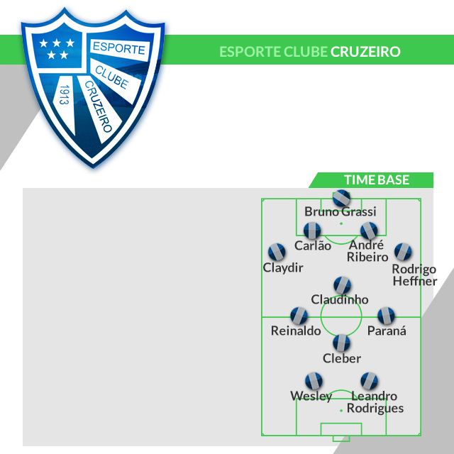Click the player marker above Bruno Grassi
[x=341, y=197]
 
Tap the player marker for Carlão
[x=312, y=231]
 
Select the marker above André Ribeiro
[x=368, y=231]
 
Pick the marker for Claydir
[x=277, y=252]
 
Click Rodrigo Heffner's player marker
[x=403, y=251]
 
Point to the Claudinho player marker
[x=342, y=284]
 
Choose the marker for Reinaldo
[x=299, y=316]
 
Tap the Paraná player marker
[x=385, y=316]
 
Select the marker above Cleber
[x=342, y=343]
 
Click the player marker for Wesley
[x=313, y=381]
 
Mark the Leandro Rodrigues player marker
[x=368, y=381]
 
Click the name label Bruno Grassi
[x=340, y=211]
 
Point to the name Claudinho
[x=340, y=299]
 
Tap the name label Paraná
[x=387, y=331]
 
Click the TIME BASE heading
[x=377, y=180]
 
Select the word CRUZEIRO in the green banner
[x=365, y=52]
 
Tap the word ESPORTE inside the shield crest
[x=118, y=50]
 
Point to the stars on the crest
[x=55, y=48]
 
